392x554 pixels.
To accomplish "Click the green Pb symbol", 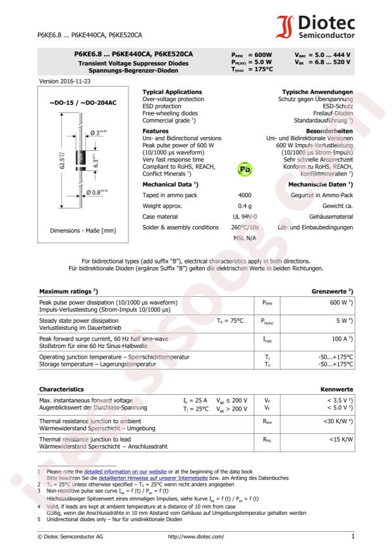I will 243,170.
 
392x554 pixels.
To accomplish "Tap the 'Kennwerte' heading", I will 337,389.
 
